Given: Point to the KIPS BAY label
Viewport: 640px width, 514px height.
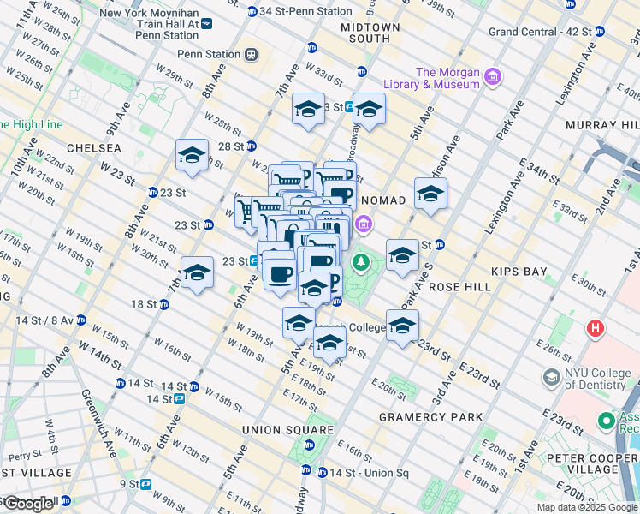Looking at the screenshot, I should point(519,272).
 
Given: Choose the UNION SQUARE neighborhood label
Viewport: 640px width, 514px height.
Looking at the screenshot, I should point(287,429).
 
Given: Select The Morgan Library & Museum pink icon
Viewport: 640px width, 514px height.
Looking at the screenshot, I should point(492,79).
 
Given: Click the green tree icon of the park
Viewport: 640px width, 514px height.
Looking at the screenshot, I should point(362,260).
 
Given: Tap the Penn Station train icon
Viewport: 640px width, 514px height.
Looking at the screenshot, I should point(251,55).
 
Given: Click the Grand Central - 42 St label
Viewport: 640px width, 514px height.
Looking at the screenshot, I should point(540,32).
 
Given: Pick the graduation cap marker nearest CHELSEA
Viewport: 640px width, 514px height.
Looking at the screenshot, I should point(193,156).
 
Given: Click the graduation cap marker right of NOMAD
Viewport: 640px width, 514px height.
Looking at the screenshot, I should point(430,194).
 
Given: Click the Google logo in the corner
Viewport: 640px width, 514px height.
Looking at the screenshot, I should point(28,503).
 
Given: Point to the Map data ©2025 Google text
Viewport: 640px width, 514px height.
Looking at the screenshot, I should point(587,507).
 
